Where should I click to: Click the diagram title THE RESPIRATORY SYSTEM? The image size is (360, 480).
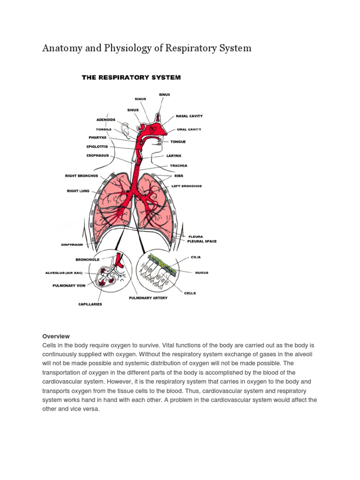pos(131,77)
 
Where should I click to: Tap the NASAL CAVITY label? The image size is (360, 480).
pos(189,116)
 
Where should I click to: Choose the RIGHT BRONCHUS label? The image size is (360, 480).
pos(81,176)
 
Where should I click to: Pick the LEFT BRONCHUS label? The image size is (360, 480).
pos(186,186)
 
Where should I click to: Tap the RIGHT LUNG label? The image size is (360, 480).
pos(78,191)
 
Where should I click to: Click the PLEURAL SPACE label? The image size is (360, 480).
pos(202,241)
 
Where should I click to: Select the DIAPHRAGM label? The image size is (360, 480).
pos(75,244)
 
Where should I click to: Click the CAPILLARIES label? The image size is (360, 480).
pos(90,304)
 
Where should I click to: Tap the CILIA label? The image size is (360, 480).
pos(196,257)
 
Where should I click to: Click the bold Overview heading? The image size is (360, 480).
pos(56,336)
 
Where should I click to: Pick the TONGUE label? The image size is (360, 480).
pos(178,142)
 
